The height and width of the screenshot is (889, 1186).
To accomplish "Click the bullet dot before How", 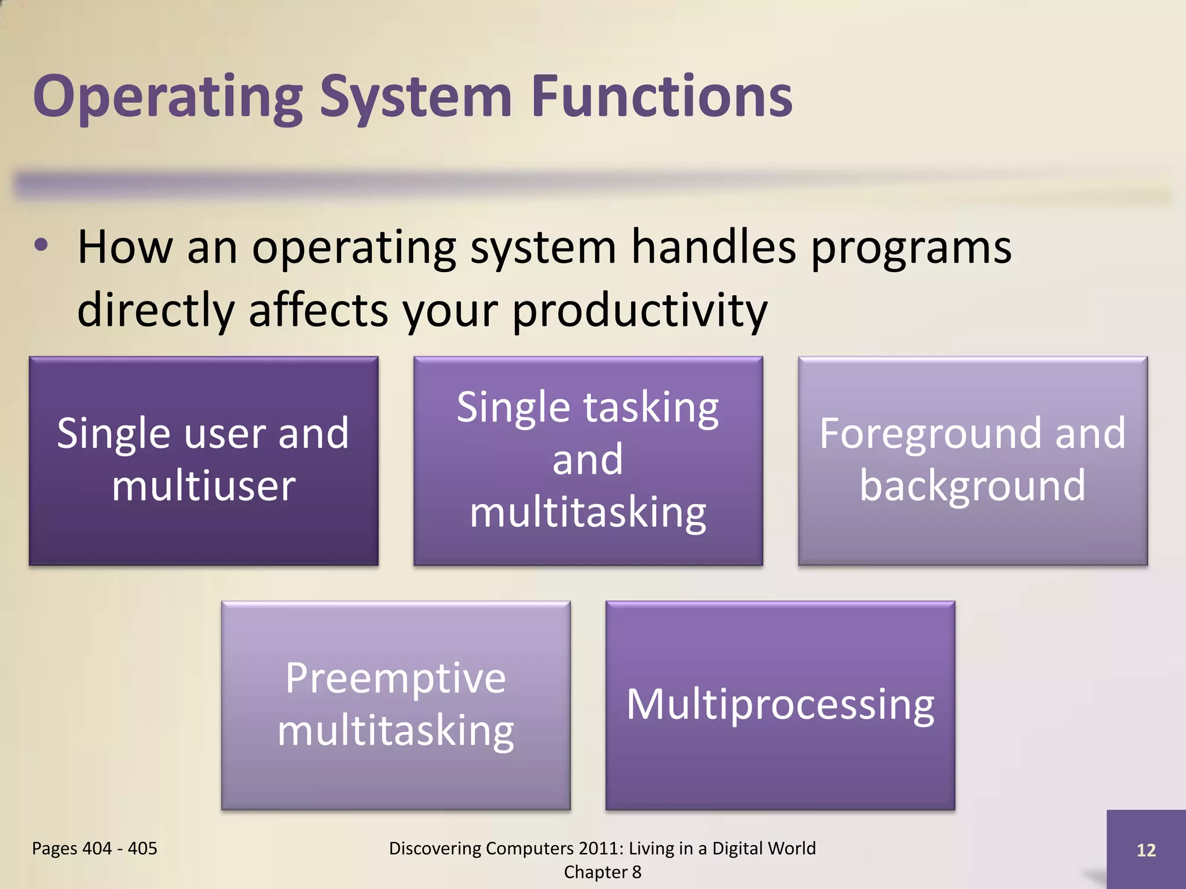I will pyautogui.click(x=41, y=245).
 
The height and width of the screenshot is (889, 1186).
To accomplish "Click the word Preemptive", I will pyautogui.click(x=396, y=678).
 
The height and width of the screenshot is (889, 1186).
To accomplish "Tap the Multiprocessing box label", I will pyautogui.click(x=780, y=705).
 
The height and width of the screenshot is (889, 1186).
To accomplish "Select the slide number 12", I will pyautogui.click(x=1146, y=850).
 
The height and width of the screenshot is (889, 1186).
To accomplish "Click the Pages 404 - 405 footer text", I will pyautogui.click(x=94, y=848).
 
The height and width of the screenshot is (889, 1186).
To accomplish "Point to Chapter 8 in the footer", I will pyautogui.click(x=602, y=872).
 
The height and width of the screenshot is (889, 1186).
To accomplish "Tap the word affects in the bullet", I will pyautogui.click(x=318, y=310).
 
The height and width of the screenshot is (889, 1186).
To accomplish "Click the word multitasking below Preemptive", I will pyautogui.click(x=396, y=732).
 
